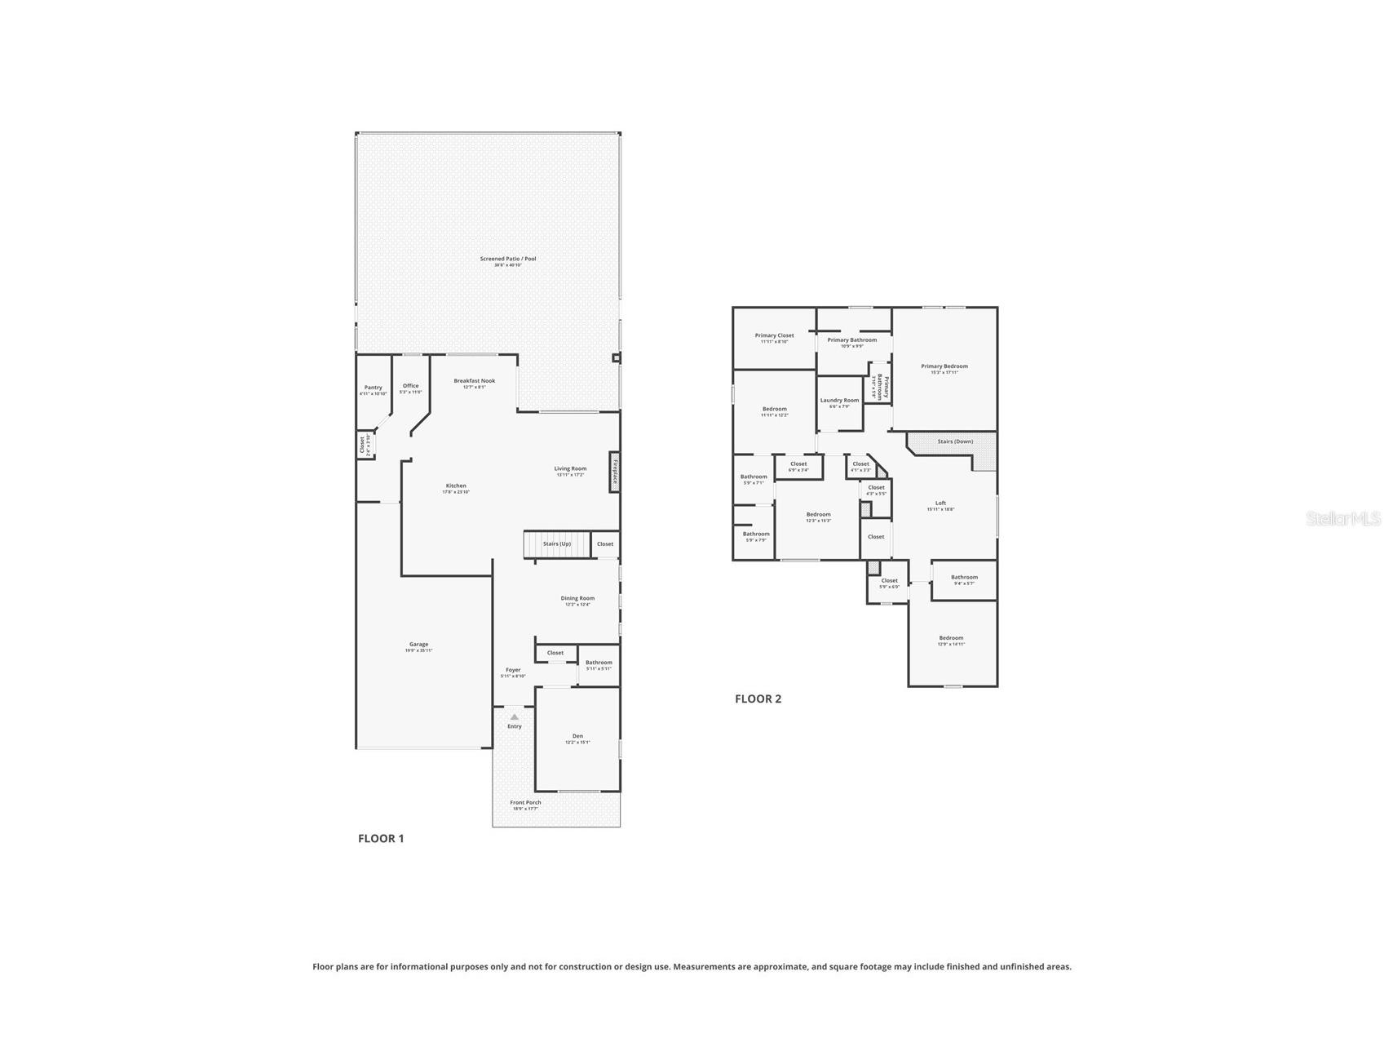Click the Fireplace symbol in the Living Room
pos(614,472)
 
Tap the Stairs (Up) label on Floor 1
pos(557,543)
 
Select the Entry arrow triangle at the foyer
pos(514,716)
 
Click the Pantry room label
pos(374,388)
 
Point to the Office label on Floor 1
pos(410,386)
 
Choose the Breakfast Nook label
pos(475,381)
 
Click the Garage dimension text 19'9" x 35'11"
pos(419,650)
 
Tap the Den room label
pos(577,736)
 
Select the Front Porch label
pos(525,802)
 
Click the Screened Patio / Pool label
pos(507,259)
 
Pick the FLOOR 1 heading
pos(381,838)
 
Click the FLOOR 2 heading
pos(758,699)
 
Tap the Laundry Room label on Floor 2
pos(839,401)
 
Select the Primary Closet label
pos(774,335)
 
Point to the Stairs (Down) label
pos(955,441)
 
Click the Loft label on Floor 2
pos(940,503)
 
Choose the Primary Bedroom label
pos(944,366)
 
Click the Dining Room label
pos(577,598)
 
